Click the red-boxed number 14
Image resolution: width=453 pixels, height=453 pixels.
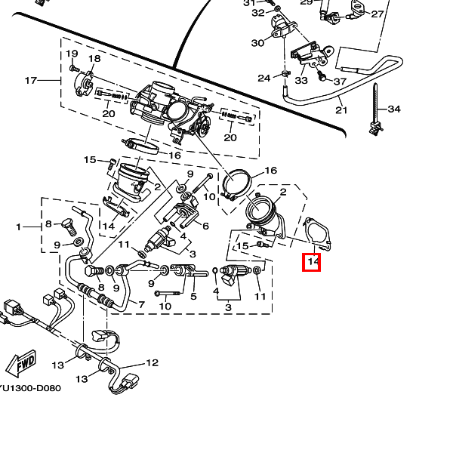(x=312, y=262)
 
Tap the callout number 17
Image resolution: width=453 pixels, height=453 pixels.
(x=31, y=81)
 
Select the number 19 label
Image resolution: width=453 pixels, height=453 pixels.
(x=72, y=54)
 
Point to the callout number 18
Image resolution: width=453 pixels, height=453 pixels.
(x=94, y=59)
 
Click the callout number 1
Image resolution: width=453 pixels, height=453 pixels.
(x=19, y=226)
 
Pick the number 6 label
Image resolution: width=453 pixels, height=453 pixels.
(x=205, y=226)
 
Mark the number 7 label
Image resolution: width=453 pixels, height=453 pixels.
(x=140, y=304)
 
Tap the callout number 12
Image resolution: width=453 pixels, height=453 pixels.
(x=153, y=363)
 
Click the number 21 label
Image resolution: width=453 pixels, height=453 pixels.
(x=341, y=110)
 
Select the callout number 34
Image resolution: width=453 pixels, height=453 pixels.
(x=394, y=109)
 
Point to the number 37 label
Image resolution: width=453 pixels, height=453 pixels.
(x=339, y=82)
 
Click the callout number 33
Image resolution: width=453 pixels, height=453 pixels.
(x=301, y=79)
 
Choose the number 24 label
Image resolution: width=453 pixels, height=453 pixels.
(x=263, y=79)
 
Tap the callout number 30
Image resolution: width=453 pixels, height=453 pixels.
(x=257, y=43)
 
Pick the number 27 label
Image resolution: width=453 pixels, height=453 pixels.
(x=377, y=14)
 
